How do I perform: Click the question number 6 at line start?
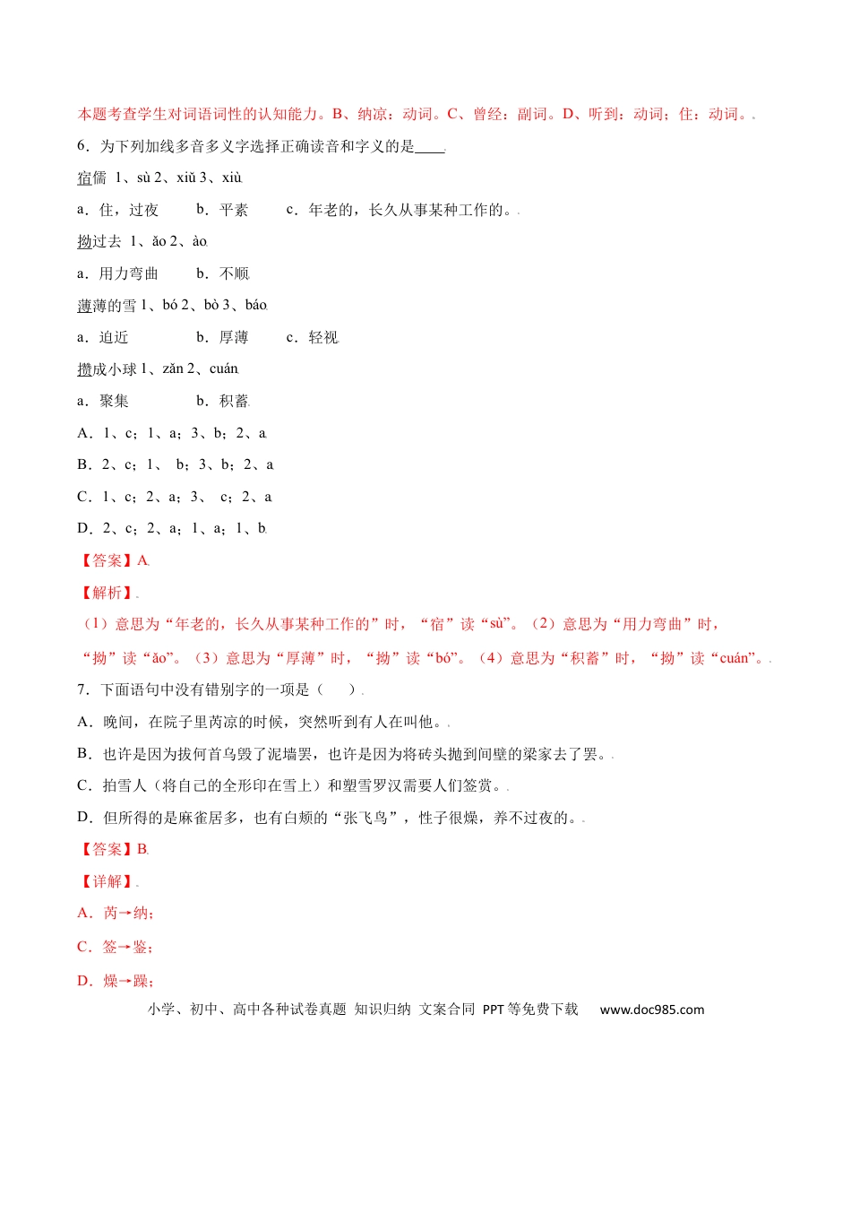point(82,146)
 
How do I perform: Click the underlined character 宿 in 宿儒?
point(84,178)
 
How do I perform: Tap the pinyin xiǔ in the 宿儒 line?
point(185,178)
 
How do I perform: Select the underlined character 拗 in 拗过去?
point(84,242)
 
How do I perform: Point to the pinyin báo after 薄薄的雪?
point(256,306)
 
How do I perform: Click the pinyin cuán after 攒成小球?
point(224,369)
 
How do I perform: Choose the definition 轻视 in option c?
point(323,338)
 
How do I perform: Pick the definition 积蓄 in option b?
point(235,402)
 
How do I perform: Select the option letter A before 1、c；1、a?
point(84,434)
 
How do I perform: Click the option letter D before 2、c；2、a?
point(84,529)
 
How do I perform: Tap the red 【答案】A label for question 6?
point(114,561)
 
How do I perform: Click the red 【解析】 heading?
point(107,594)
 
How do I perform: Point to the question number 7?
point(82,689)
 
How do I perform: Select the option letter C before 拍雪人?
point(84,786)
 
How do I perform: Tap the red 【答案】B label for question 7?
point(114,850)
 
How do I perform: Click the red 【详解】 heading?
point(107,882)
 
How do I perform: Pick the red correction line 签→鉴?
point(126,947)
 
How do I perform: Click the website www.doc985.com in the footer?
point(652,1010)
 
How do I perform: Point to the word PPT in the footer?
point(494,1010)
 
